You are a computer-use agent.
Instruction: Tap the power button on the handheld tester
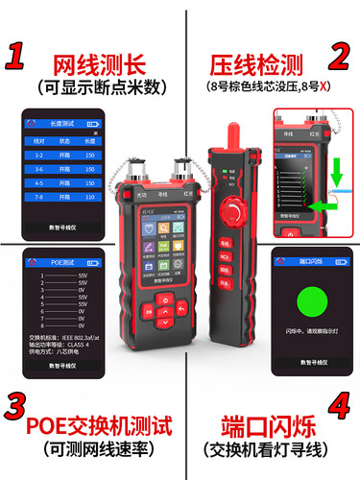point(165,300)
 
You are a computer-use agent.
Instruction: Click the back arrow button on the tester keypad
point(181,310)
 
